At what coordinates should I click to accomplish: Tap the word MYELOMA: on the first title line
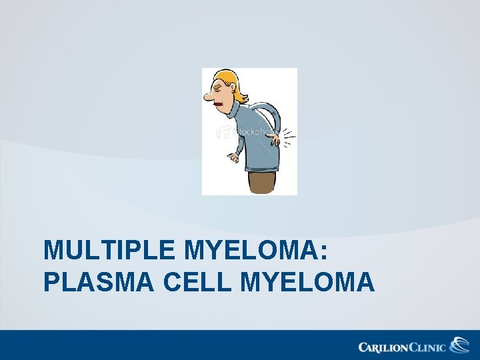pos(256,251)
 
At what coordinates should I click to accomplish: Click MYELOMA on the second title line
pos(306,283)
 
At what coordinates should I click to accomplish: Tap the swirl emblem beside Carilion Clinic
pos(459,345)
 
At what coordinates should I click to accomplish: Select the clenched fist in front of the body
pos(232,158)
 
